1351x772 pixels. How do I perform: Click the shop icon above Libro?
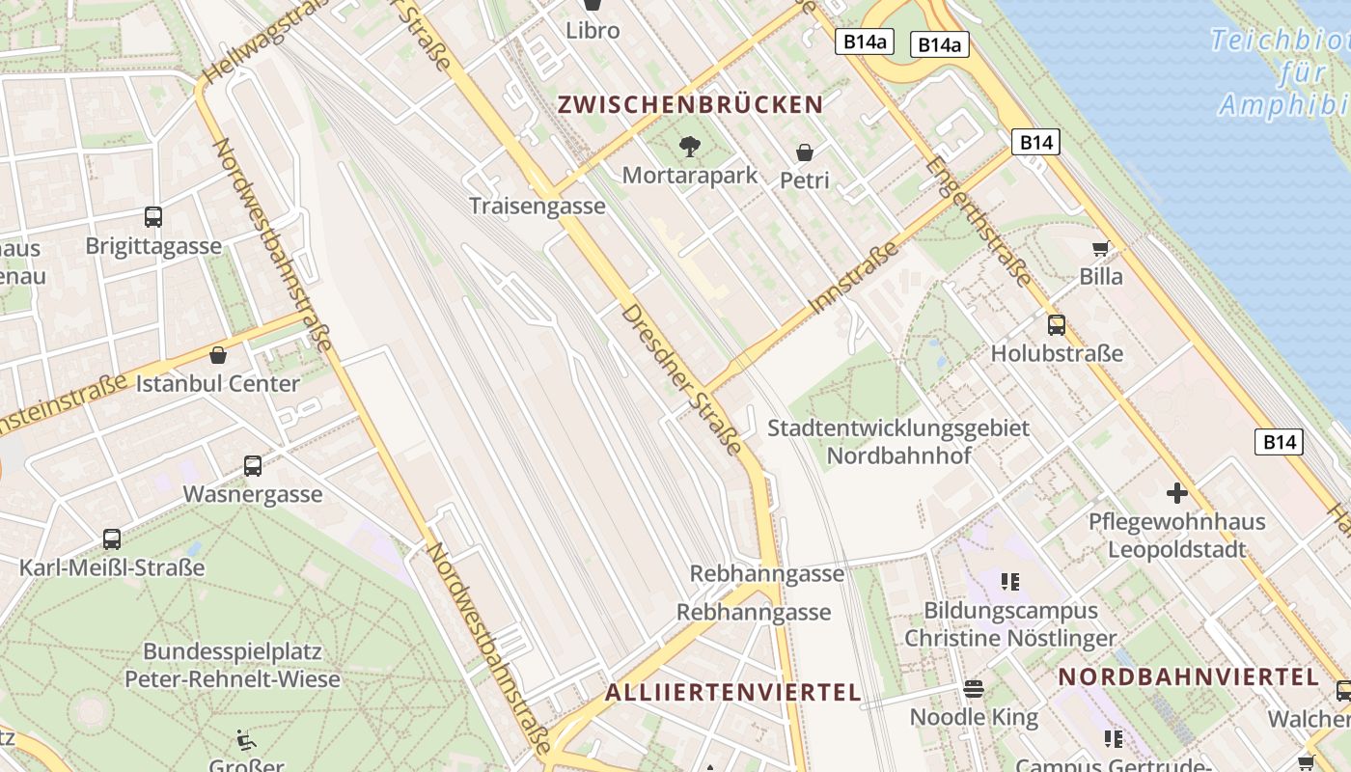tap(593, 5)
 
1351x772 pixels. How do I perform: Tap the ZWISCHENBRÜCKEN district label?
tap(690, 105)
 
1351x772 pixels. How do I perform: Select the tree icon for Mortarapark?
tap(690, 147)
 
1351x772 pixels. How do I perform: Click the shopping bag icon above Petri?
tap(805, 152)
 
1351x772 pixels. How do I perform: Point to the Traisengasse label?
tap(538, 206)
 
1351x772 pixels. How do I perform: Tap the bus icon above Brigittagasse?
tap(153, 217)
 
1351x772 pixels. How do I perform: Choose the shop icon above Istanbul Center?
tap(218, 355)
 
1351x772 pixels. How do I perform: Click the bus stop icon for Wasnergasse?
tap(253, 466)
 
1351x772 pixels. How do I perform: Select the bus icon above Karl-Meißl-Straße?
tap(112, 538)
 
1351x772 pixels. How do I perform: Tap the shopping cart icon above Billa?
tap(1101, 248)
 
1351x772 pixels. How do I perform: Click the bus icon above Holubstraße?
tap(1057, 324)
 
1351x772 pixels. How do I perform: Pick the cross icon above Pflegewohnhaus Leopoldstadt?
tap(1177, 493)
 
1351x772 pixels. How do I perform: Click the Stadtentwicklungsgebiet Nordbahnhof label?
tap(898, 441)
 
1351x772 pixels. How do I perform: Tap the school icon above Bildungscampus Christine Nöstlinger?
tap(1010, 581)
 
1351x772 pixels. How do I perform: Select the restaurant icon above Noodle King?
tap(974, 688)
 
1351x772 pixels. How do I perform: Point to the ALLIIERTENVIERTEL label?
tap(733, 692)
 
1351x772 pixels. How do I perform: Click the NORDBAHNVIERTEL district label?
tap(1188, 676)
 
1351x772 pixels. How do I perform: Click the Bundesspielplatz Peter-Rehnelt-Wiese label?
tap(233, 665)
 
